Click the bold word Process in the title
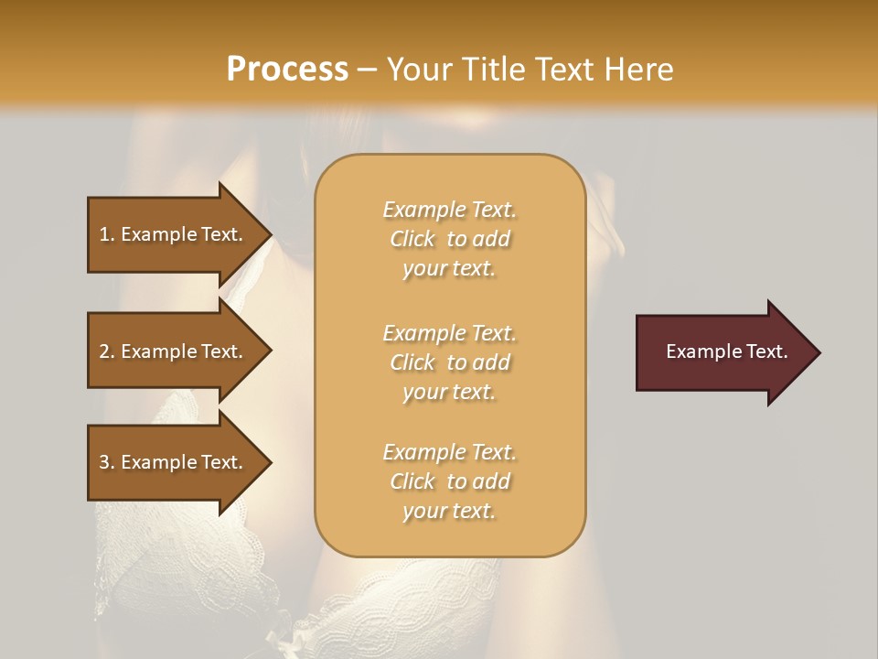pos(287,70)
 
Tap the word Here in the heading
pos(637,70)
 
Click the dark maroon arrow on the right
pos(723,352)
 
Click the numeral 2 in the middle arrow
pos(104,351)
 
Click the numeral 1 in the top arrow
pos(104,234)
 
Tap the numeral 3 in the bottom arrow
pos(104,462)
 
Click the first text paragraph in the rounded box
pos(449,239)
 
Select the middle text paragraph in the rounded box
pos(449,362)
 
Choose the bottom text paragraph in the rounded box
pos(449,481)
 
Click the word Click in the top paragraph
pos(412,239)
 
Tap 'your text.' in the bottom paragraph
pos(449,511)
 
